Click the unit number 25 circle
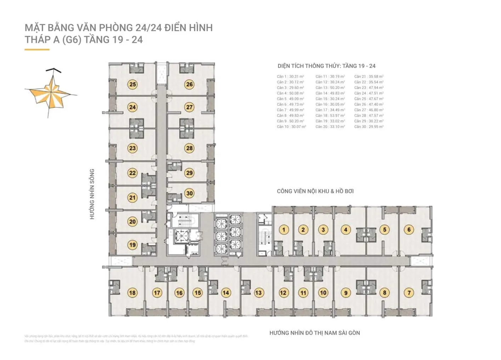tap(133, 84)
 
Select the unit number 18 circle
tap(132, 293)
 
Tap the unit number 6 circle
tap(409, 229)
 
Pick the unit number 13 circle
tap(258, 293)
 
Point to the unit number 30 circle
tap(190, 193)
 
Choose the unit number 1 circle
tap(283, 229)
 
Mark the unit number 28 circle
tap(190, 148)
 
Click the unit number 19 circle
tap(133, 245)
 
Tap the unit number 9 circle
tap(346, 293)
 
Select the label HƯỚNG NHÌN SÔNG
tap(92, 194)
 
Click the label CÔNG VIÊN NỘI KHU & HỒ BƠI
tap(315, 191)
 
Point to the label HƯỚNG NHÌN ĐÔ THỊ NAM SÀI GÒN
tap(315, 333)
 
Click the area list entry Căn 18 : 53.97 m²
tap(330, 115)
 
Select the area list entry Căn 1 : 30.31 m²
tap(291, 76)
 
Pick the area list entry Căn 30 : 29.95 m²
tap(368, 127)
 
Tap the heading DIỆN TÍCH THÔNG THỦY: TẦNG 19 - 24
tap(326, 66)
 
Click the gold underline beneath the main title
tap(37, 50)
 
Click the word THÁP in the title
tap(35, 40)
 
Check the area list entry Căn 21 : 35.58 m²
tap(368, 76)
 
